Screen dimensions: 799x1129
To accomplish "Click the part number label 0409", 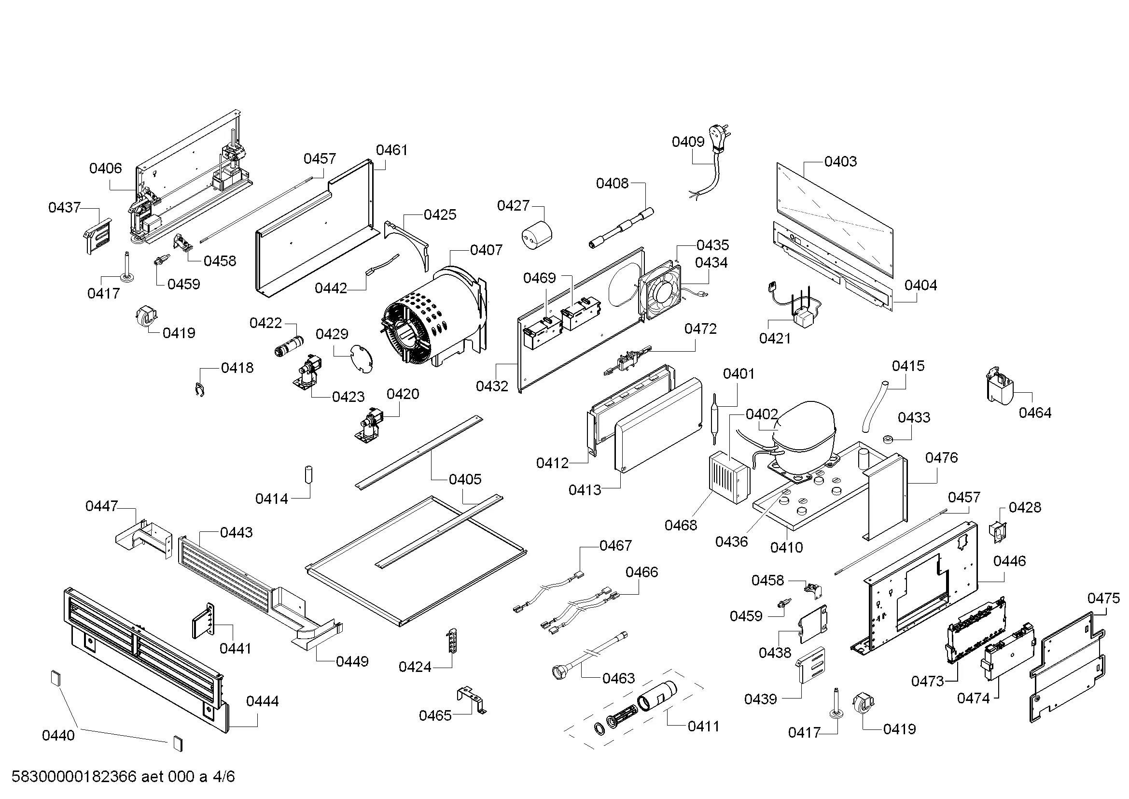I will pos(688,142).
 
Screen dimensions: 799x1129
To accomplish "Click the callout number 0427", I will pos(513,205).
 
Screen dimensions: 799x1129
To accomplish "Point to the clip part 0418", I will pos(200,390).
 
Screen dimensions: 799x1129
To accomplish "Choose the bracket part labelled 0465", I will pos(472,699).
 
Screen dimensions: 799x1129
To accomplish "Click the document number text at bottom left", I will pos(123,776).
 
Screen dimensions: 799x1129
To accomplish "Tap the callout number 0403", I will pos(840,161).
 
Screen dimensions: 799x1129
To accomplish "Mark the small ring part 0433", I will pos(888,439).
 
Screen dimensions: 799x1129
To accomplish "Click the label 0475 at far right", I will pos(1103,598).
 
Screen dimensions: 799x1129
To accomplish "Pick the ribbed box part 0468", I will pos(729,477).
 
